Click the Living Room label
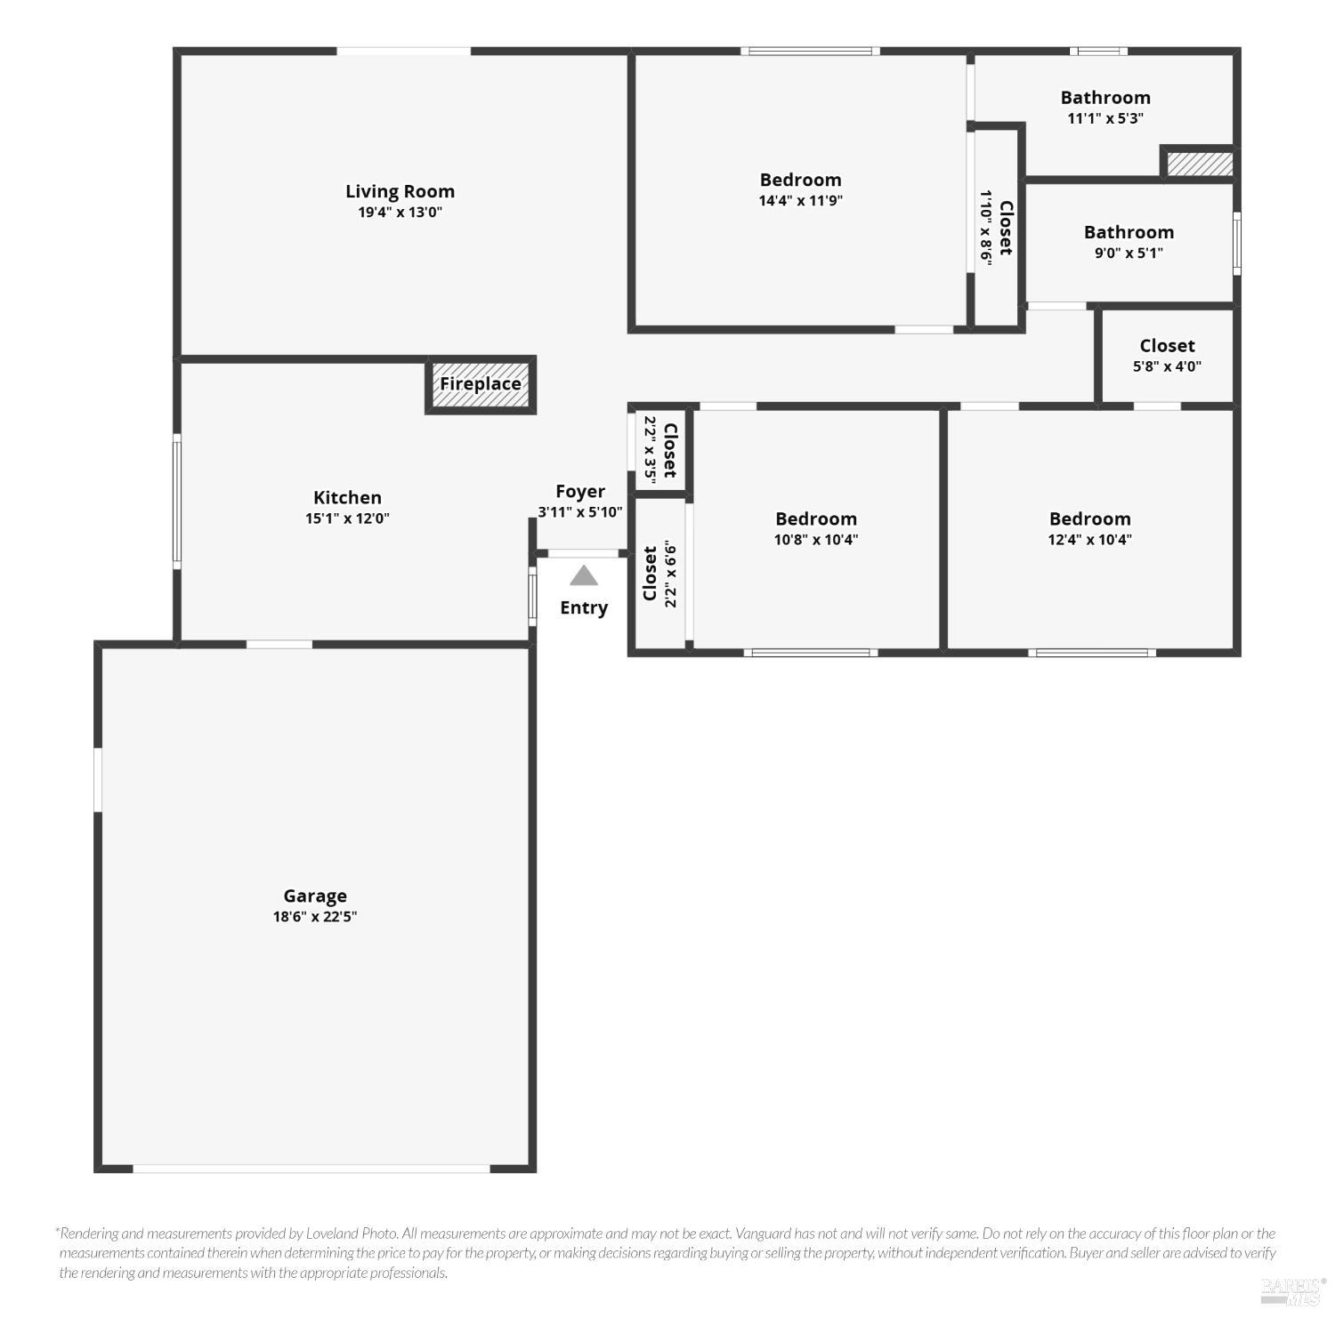click(400, 191)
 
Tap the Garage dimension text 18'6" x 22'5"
click(315, 917)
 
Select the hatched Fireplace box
click(481, 384)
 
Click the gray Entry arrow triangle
click(584, 576)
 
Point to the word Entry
click(584, 608)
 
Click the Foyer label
click(580, 492)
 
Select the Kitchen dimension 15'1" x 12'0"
click(347, 518)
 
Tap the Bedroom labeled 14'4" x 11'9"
click(800, 189)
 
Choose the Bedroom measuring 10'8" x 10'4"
click(816, 528)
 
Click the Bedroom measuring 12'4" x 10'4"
click(1089, 528)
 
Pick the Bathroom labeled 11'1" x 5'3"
click(1105, 107)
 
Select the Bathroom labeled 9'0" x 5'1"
click(1129, 242)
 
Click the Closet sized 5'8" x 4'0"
click(1167, 355)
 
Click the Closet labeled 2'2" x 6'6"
click(659, 575)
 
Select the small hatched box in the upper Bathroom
click(1200, 164)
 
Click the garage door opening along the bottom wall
click(311, 1169)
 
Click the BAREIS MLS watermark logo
click(1292, 1290)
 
